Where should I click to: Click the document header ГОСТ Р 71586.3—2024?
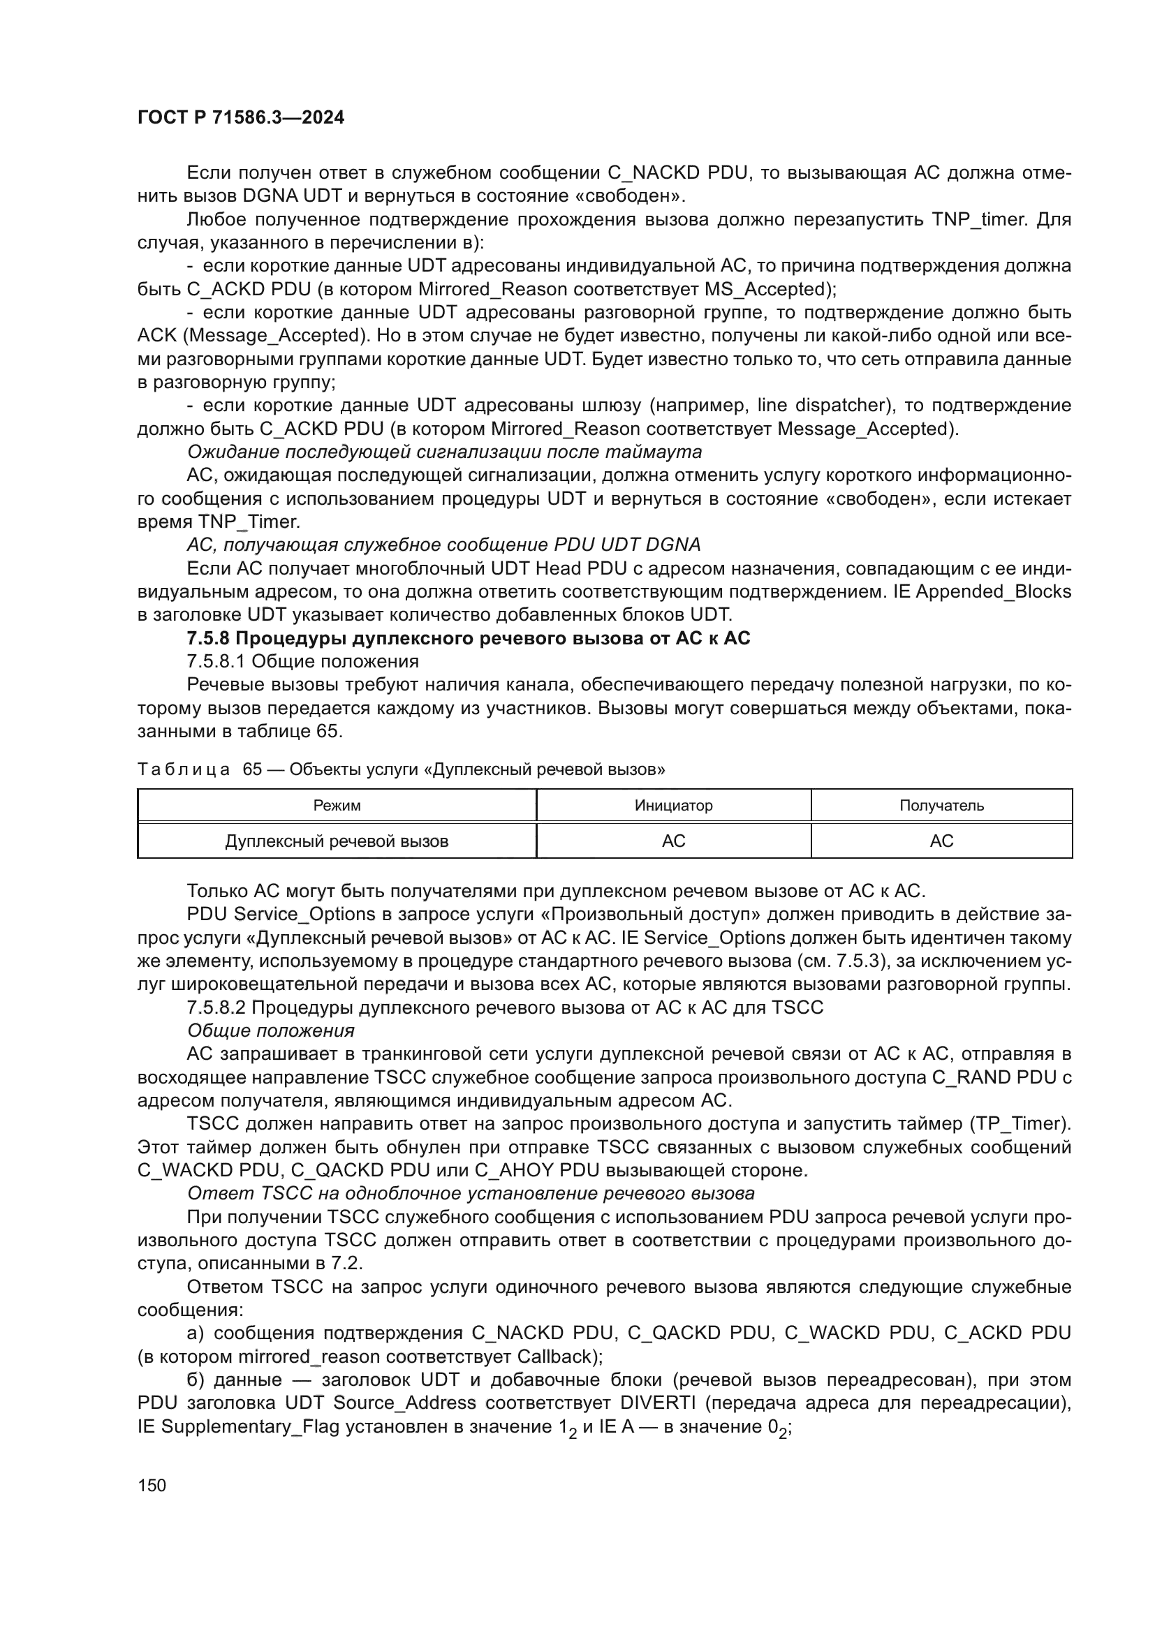(x=240, y=117)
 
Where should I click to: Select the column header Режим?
(x=337, y=805)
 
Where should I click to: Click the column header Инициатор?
(x=672, y=805)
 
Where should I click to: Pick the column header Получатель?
(x=941, y=805)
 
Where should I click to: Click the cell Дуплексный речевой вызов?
(x=337, y=841)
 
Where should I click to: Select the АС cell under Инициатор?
(x=672, y=841)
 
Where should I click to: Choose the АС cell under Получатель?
(x=941, y=841)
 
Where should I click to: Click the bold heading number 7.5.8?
(x=206, y=638)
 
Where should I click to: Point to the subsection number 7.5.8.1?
(x=216, y=661)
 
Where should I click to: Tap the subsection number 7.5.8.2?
(x=216, y=1007)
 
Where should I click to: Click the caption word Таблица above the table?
(x=184, y=769)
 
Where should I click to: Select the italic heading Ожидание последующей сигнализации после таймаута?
(x=444, y=452)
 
